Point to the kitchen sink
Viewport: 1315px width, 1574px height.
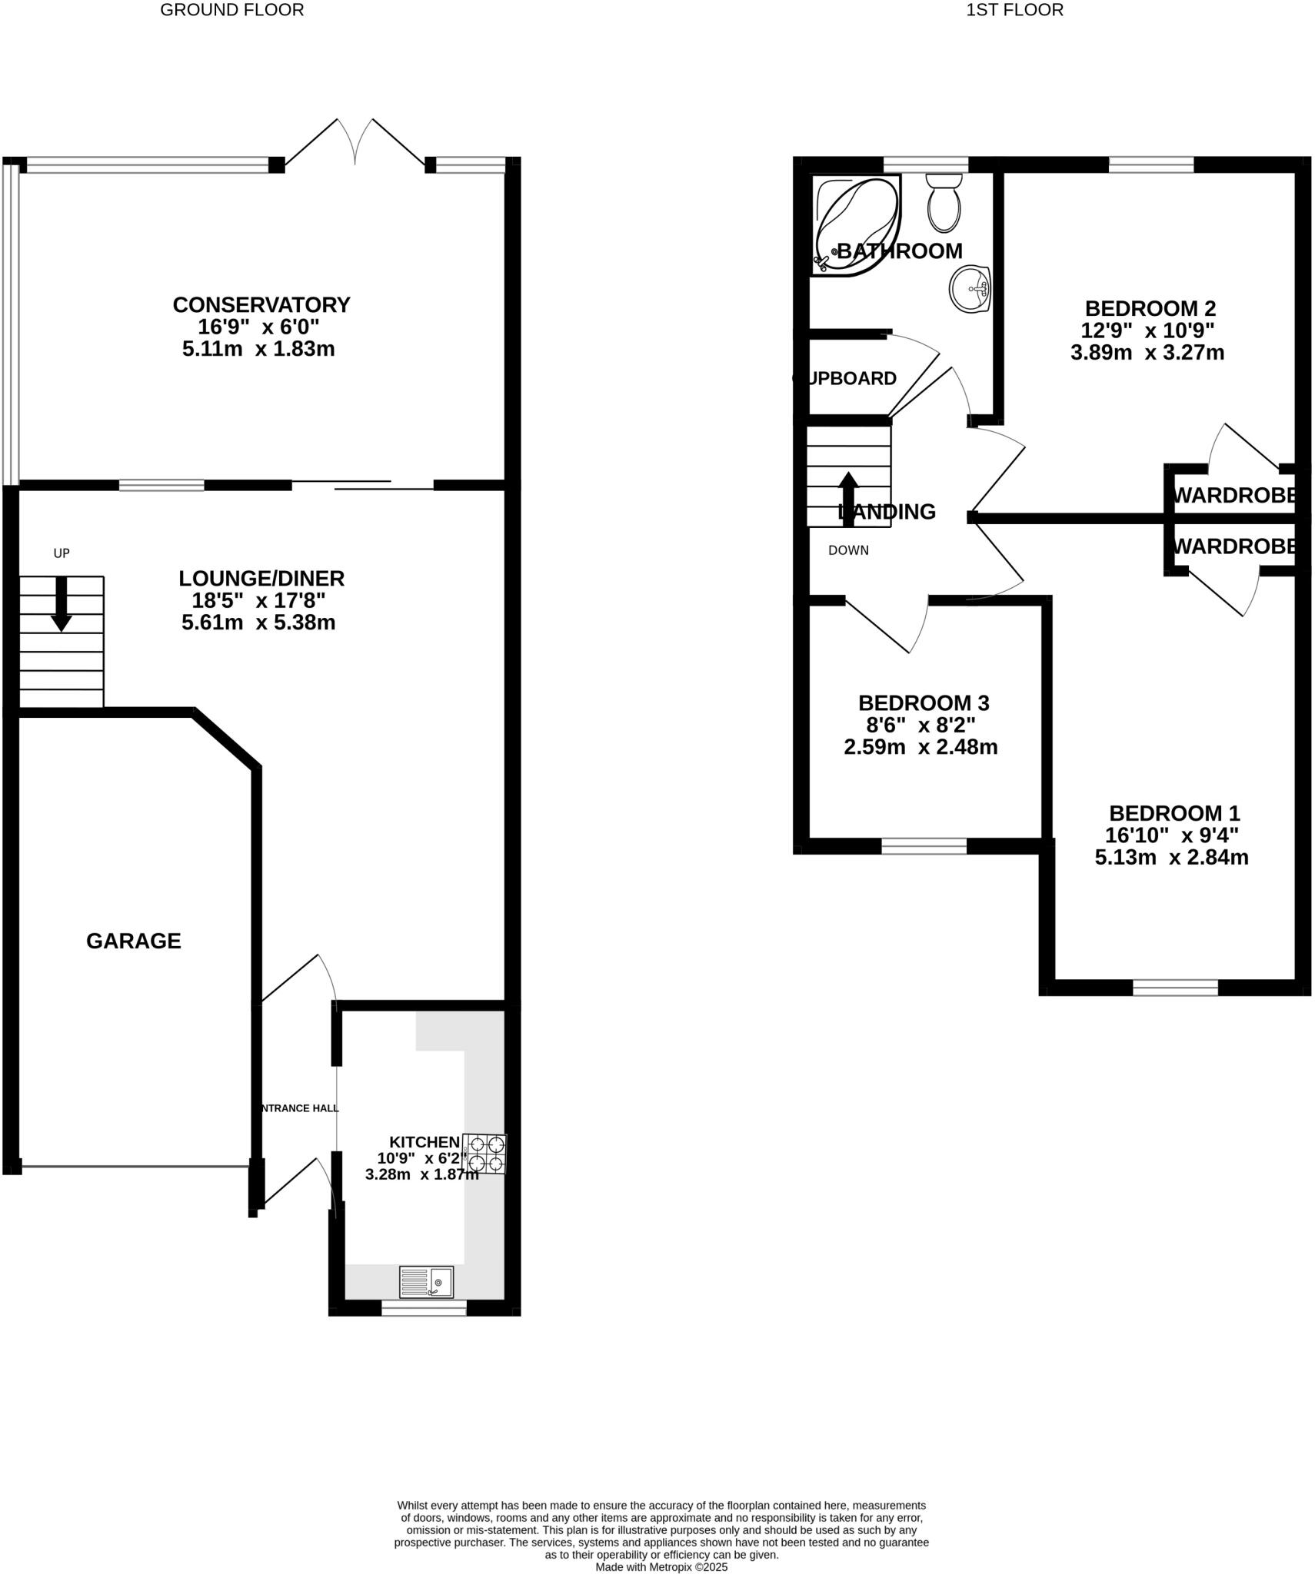coord(426,1282)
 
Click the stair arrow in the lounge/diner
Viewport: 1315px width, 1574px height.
coord(61,603)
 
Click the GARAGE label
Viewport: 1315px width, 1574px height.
coord(133,941)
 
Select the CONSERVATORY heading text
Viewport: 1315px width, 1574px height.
coord(261,305)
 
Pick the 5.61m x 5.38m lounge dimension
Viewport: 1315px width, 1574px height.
coord(258,623)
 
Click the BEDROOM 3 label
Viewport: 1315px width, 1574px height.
coord(923,702)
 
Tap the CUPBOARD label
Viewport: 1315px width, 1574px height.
coord(845,378)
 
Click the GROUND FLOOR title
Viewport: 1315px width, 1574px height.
coord(231,10)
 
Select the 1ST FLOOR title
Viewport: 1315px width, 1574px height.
coord(1014,10)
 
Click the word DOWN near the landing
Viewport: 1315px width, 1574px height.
coord(848,550)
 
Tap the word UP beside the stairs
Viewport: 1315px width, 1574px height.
coord(62,553)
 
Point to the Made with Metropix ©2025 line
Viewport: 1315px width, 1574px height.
coord(661,1567)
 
